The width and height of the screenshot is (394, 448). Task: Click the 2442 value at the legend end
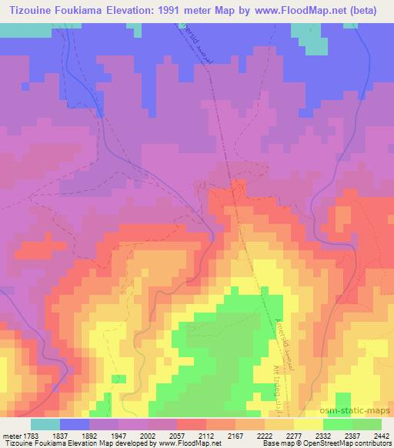(x=381, y=436)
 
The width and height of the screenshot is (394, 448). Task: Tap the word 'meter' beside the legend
(x=11, y=436)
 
